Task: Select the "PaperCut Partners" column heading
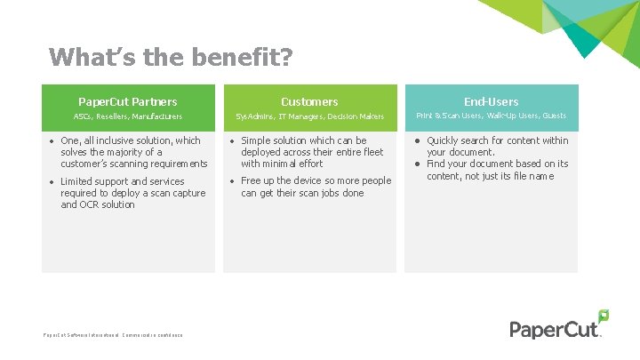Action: coord(128,101)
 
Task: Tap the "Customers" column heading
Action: coord(309,101)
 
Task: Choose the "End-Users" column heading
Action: coord(491,101)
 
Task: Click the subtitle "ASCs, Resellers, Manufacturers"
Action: coord(128,116)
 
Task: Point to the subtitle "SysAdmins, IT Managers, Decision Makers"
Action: coord(309,116)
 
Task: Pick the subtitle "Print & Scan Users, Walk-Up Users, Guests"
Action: coord(491,116)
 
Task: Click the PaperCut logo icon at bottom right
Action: coord(603,316)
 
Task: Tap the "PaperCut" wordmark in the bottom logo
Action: coord(553,329)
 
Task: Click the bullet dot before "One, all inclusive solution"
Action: coord(52,140)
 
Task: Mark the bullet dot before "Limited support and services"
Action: coord(52,181)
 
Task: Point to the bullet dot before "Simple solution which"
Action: coord(232,140)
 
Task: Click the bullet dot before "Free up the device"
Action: coord(232,181)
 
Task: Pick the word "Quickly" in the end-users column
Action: coord(444,140)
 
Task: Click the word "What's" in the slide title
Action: coord(83,58)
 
